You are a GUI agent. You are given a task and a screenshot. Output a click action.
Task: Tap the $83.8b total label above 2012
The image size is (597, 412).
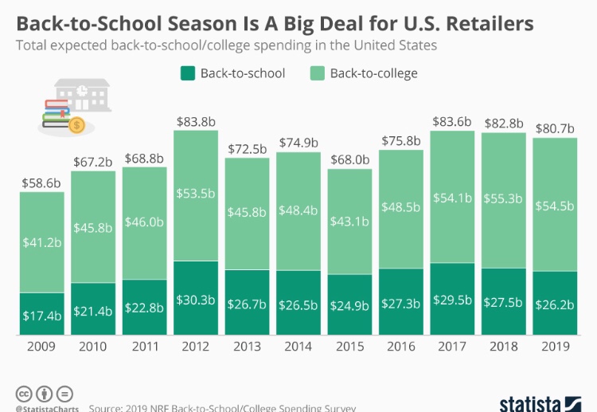click(195, 122)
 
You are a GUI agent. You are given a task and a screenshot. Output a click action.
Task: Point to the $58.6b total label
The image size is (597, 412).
click(42, 183)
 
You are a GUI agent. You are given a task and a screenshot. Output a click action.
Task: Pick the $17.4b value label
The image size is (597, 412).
click(42, 316)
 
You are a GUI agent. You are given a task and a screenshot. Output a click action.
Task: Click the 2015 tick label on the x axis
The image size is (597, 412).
click(349, 347)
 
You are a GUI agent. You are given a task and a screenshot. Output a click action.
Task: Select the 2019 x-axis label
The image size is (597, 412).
click(555, 347)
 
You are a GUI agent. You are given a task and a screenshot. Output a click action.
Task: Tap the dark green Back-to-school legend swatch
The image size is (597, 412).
click(187, 73)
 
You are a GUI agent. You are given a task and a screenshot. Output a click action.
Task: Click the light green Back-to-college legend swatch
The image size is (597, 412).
click(317, 73)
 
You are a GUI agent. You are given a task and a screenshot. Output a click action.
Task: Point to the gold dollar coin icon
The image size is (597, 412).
click(77, 124)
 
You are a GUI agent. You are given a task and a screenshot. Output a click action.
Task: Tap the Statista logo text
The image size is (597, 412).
click(530, 402)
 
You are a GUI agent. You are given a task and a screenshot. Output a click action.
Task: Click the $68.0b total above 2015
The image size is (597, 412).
click(349, 159)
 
